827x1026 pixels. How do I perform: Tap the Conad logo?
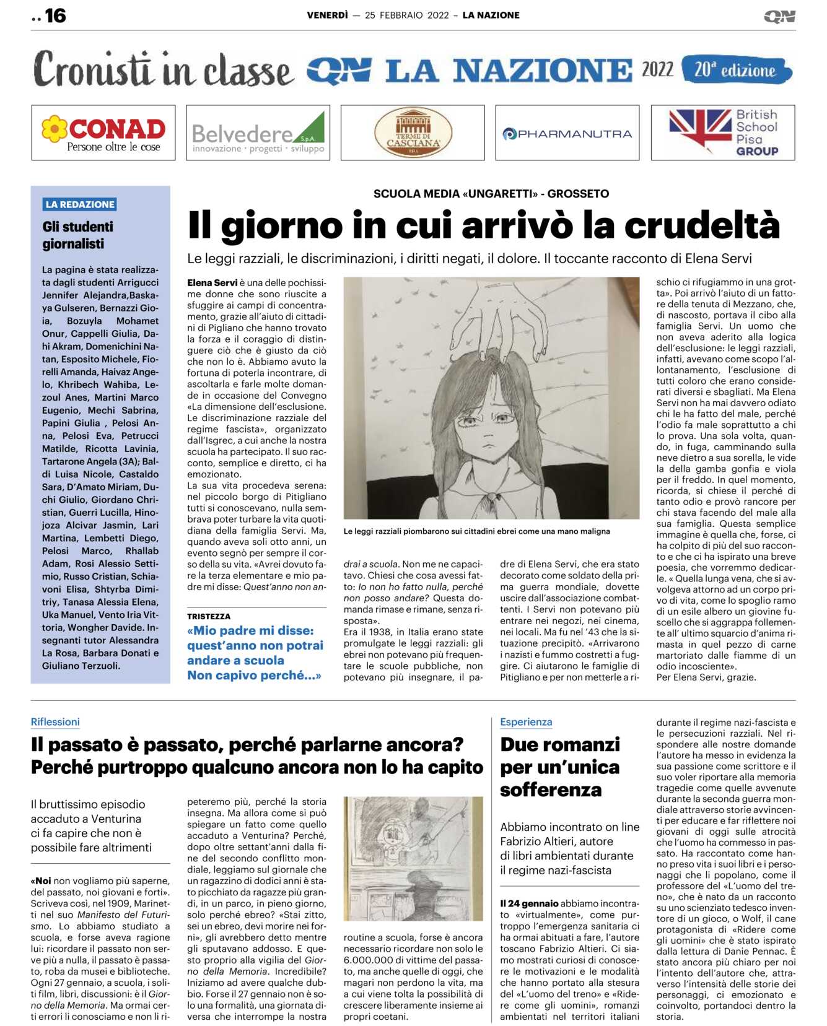[103, 133]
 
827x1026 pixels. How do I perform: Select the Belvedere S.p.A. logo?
[258, 133]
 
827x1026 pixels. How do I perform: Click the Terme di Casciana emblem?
[413, 133]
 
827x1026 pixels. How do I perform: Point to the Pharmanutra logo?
[567, 133]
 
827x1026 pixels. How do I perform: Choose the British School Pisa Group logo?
[723, 133]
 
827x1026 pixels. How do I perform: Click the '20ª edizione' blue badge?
[735, 70]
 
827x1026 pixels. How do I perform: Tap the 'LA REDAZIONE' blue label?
[80, 204]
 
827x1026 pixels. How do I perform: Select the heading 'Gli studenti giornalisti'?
[78, 235]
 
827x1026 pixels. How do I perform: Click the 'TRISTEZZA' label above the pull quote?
[209, 617]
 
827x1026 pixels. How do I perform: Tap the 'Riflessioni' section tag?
[55, 722]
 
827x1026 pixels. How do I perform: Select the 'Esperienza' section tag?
[526, 722]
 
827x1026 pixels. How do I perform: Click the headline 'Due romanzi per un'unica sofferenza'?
[560, 767]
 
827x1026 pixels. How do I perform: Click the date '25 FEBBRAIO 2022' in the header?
[407, 15]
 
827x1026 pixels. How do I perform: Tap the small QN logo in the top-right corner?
[779, 17]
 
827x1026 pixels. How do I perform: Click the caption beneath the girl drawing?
[476, 531]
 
